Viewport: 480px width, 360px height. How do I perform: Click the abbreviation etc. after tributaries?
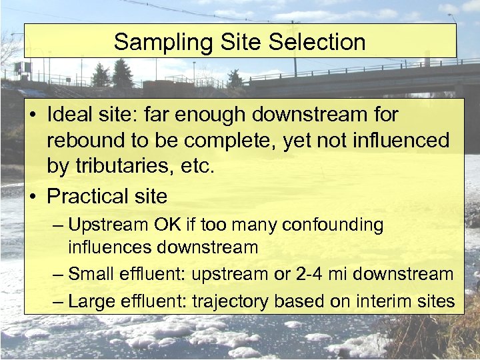198,167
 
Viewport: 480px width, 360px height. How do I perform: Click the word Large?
91,301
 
